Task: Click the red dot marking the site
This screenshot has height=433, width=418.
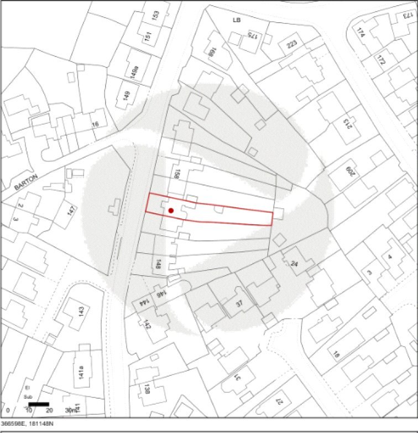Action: [171, 210]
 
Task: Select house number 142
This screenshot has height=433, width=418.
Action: [147, 324]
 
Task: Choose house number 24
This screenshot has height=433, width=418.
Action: [294, 264]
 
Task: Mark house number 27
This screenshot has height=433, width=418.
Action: [280, 401]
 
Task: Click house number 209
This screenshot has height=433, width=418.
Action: [349, 172]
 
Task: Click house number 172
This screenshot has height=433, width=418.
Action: [381, 58]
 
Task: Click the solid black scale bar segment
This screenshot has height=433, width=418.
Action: [39, 404]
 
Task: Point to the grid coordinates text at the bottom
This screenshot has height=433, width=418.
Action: [27, 423]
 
